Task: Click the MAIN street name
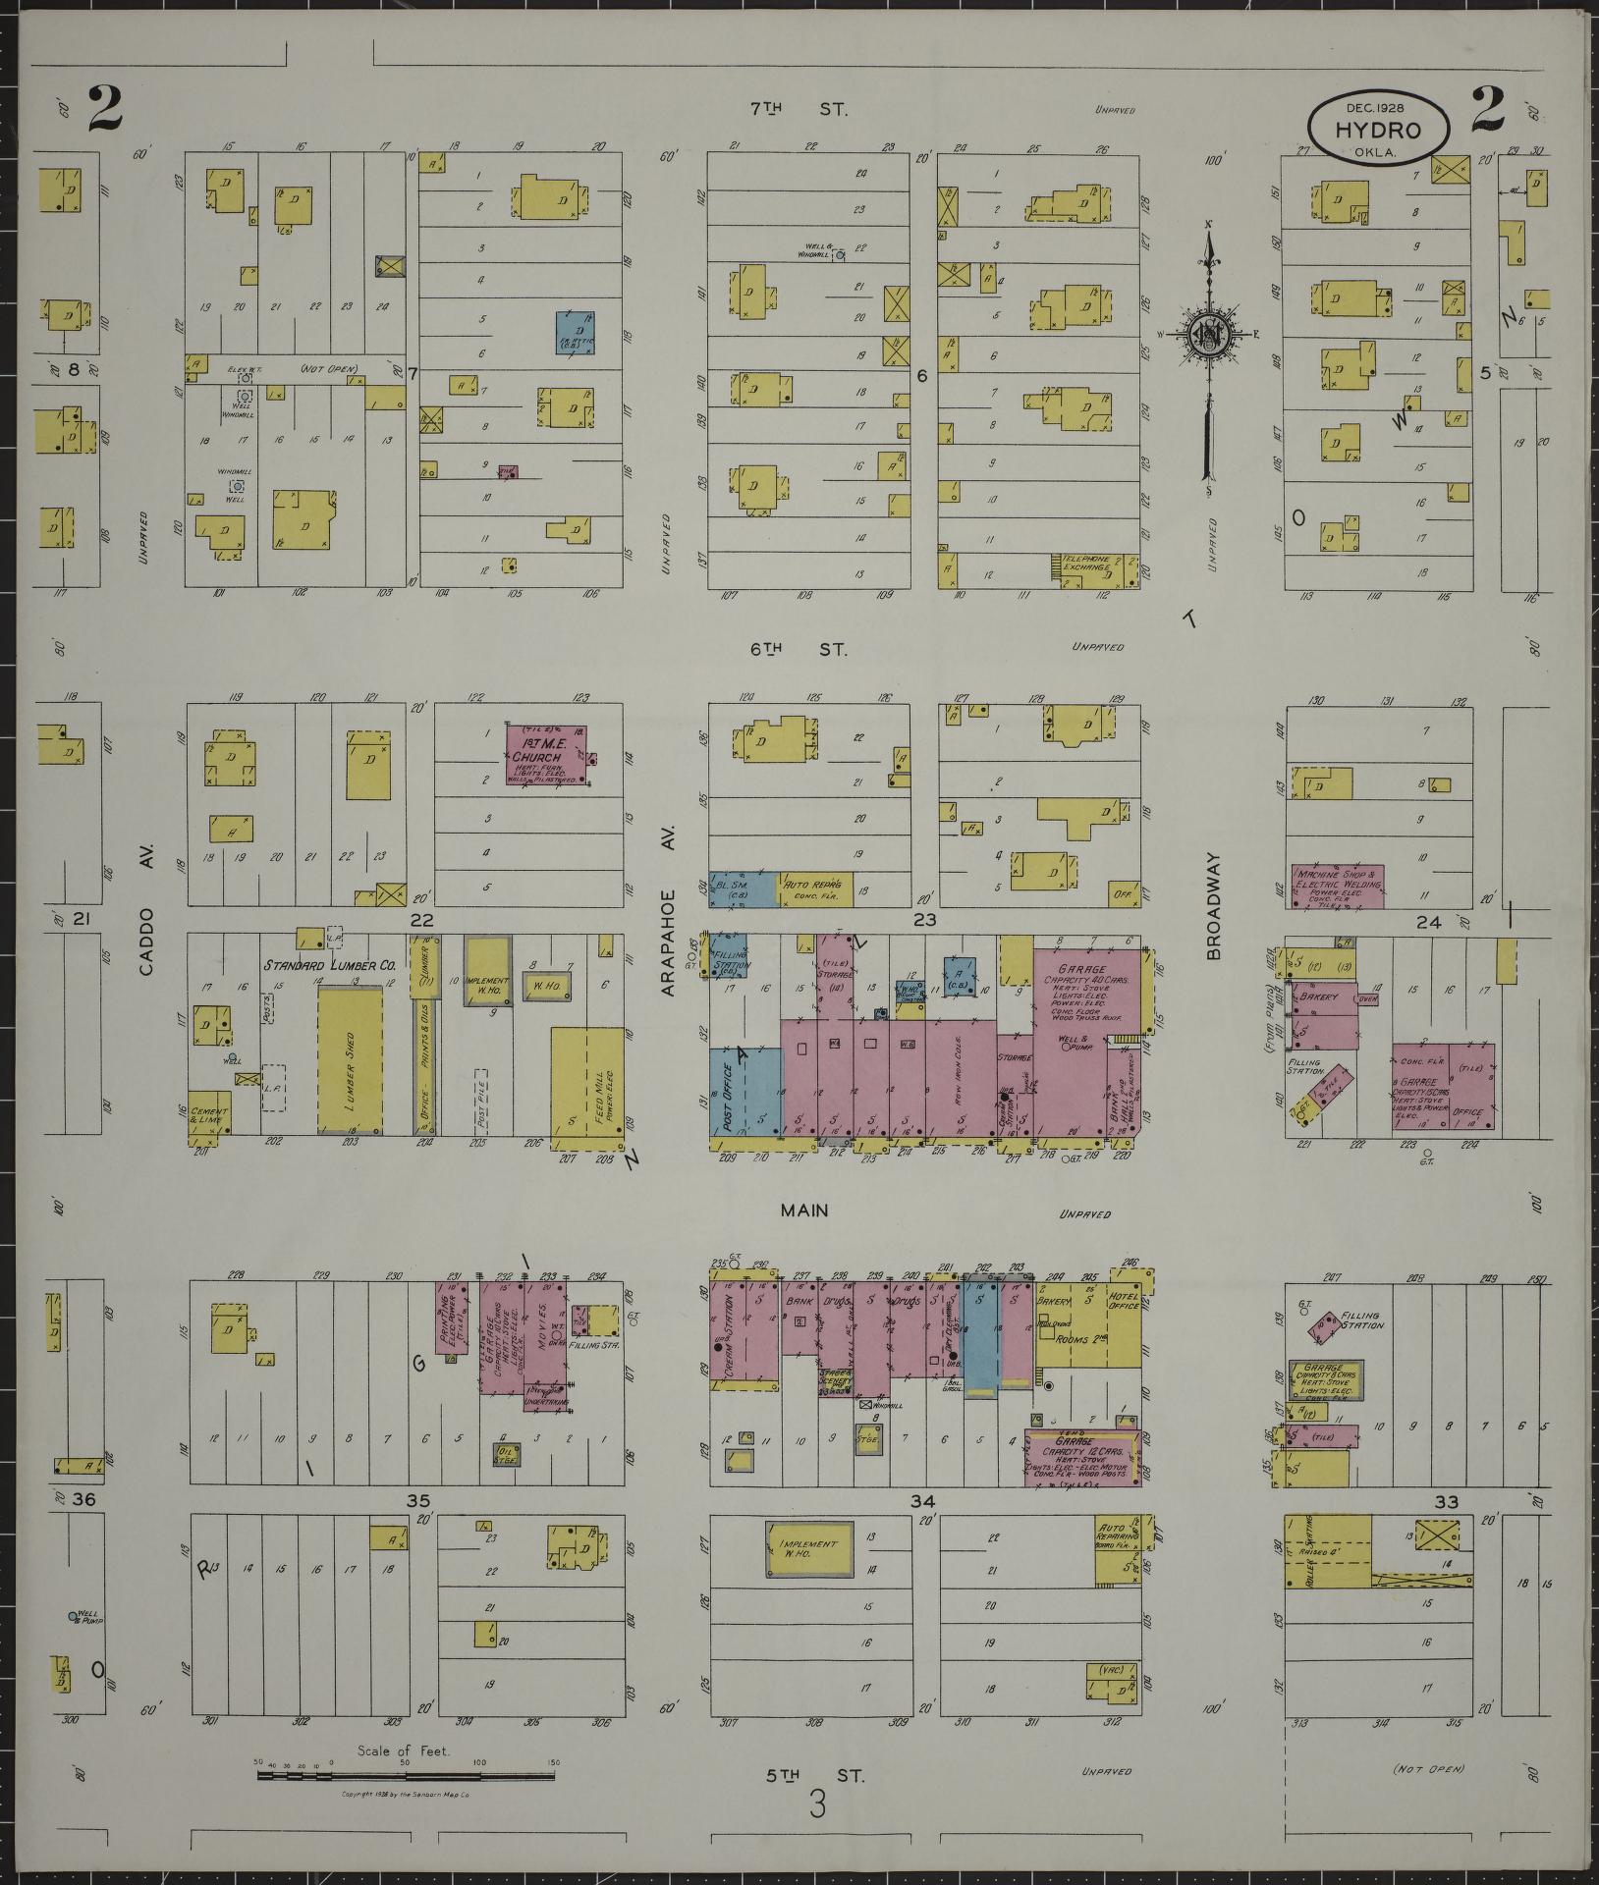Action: coord(804,1211)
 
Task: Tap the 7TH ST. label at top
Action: coord(798,110)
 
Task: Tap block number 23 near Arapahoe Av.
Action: coord(925,920)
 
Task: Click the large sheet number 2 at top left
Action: coord(105,110)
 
